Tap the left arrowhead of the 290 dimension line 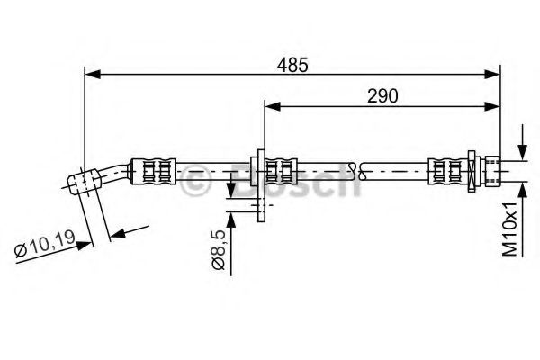coord(269,106)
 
